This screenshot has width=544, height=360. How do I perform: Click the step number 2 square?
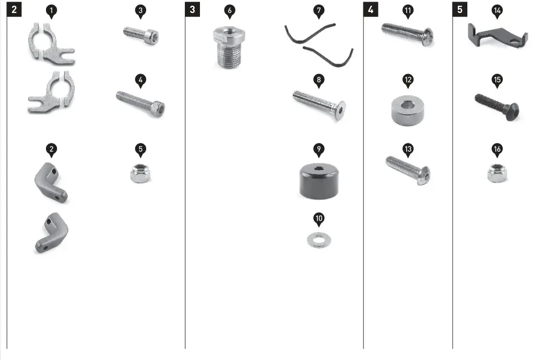click(x=14, y=9)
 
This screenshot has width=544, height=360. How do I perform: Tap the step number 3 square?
click(x=193, y=9)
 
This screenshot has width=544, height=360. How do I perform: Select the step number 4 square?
click(x=371, y=9)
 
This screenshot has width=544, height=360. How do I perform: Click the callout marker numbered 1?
click(x=51, y=10)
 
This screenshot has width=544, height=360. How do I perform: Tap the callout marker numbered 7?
click(x=319, y=10)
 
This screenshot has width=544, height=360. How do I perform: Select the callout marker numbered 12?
click(x=408, y=80)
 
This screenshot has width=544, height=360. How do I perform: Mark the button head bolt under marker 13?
click(x=408, y=170)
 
